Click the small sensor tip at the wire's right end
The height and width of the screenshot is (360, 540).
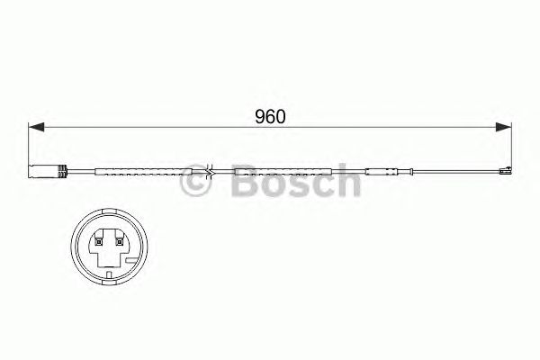(504, 171)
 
